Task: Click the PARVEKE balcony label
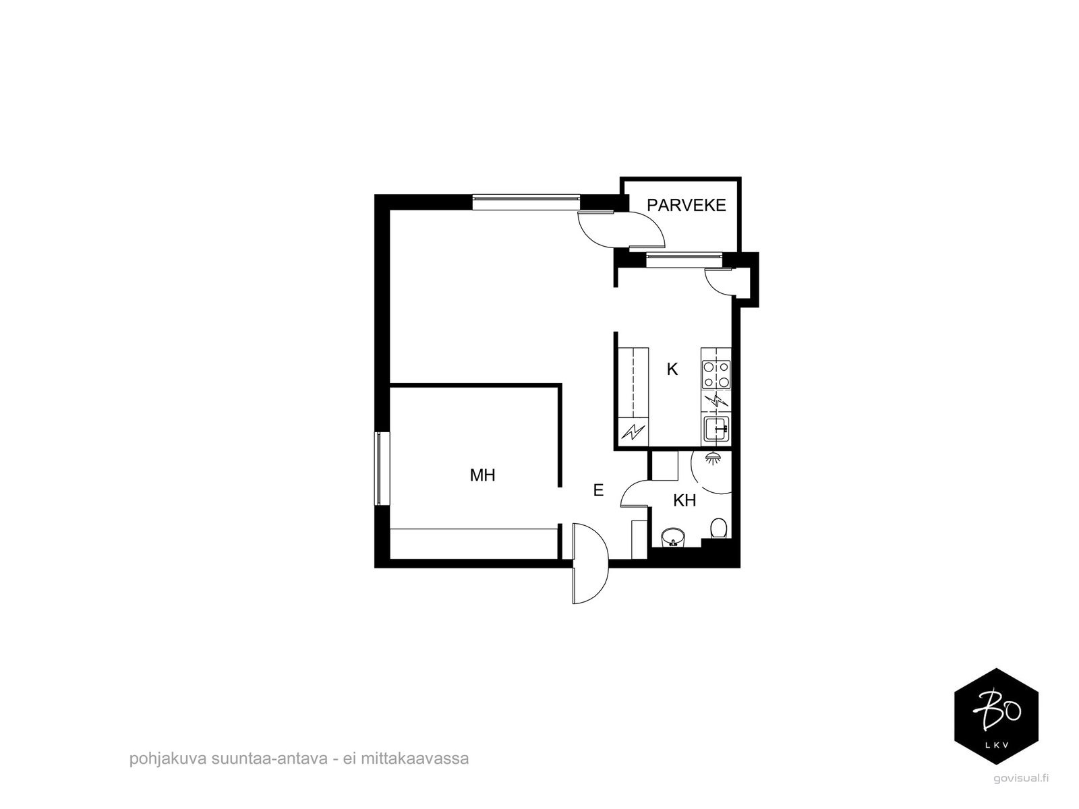coord(686,206)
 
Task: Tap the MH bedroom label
coord(482,475)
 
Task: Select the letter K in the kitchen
coord(672,369)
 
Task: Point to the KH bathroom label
coord(684,500)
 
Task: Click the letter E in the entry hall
coord(598,489)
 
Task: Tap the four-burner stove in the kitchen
coord(716,374)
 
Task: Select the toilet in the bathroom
coord(718,528)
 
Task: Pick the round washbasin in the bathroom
coord(673,537)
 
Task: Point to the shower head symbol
coord(712,458)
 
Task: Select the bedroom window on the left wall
coord(382,468)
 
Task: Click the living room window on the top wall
coord(526,202)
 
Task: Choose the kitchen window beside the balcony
coord(684,260)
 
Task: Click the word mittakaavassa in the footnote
coord(415,758)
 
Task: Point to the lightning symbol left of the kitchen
coord(633,431)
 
